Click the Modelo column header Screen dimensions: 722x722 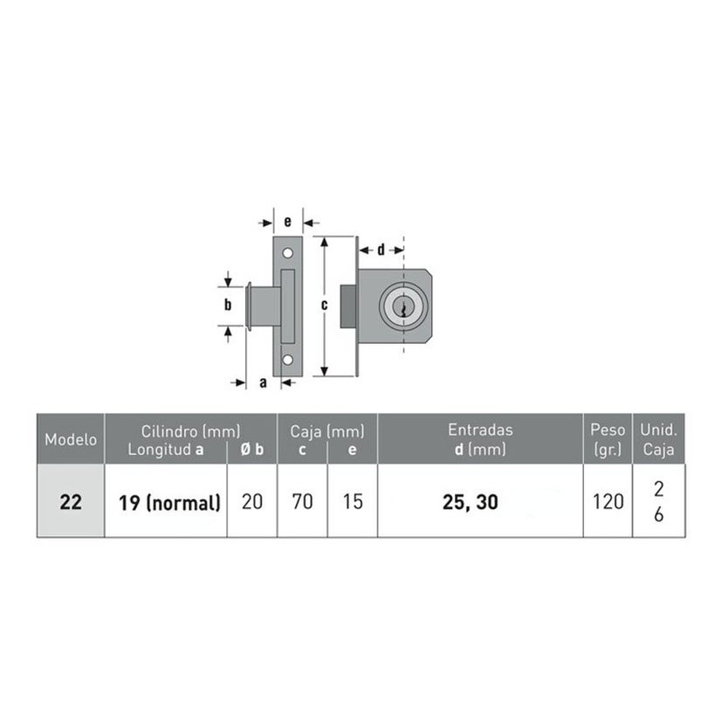(71, 439)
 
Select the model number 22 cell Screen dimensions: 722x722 (71, 501)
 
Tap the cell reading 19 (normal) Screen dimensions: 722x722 (169, 502)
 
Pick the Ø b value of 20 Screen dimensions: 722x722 (252, 501)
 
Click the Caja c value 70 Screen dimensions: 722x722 (302, 501)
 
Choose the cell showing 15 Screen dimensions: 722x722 (353, 501)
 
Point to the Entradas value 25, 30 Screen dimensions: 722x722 (470, 502)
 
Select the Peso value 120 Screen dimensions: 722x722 (608, 501)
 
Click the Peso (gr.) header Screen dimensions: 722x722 (608, 439)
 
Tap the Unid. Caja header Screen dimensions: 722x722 (658, 439)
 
